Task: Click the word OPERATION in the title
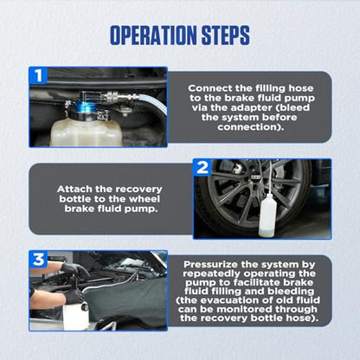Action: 154,35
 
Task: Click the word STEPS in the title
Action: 226,35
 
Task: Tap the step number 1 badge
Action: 38,75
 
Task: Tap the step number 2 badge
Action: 202,167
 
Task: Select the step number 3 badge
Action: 38,259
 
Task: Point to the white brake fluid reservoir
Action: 87,132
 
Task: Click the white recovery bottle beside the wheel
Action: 268,215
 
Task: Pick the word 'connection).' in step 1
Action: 251,127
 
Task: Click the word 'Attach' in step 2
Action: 74,190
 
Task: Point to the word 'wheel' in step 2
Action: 145,199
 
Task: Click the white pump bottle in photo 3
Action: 75,316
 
